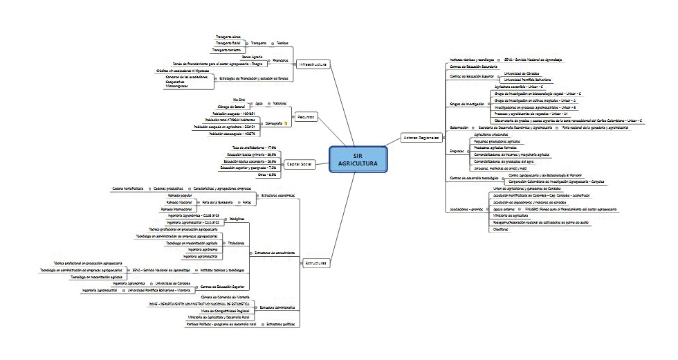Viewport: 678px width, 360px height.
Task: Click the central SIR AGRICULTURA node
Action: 358,159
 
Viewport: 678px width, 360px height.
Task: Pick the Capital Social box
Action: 300,164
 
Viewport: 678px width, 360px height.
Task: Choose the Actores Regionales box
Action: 421,138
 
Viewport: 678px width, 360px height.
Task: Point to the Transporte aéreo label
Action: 228,36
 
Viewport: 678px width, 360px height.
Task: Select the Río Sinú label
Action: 240,100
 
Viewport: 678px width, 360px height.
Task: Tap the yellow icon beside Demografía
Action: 286,123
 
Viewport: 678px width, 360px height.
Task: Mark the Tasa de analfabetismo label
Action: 254,147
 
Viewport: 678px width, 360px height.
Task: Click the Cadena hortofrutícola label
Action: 129,188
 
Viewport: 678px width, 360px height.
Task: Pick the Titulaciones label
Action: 237,243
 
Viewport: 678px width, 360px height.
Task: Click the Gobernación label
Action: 459,128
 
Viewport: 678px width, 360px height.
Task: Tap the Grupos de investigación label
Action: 467,104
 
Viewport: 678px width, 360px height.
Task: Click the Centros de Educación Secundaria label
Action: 474,66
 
